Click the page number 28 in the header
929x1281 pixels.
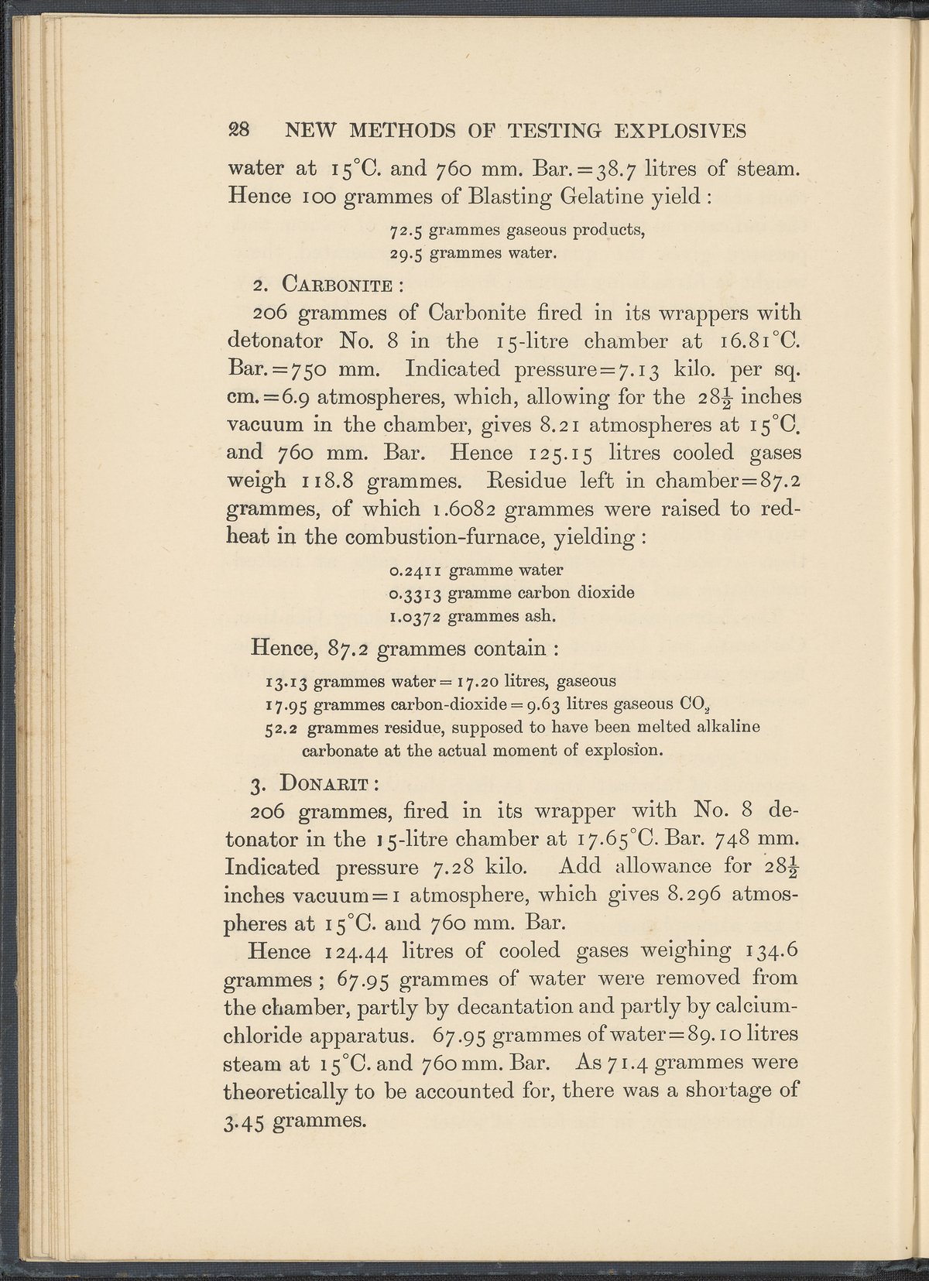237,130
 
